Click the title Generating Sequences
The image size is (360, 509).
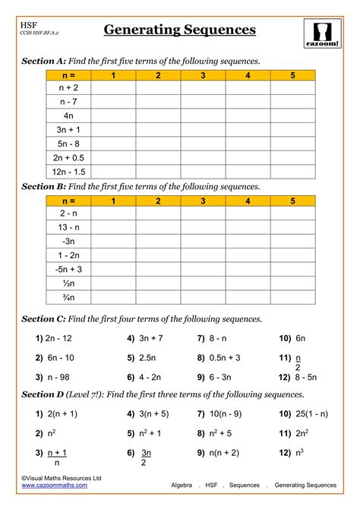pos(179,30)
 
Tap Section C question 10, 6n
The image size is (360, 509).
pos(292,338)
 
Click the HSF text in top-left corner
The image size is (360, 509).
pos(28,26)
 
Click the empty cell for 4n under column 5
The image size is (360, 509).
pos(292,116)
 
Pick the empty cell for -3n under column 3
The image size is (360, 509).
pos(203,242)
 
